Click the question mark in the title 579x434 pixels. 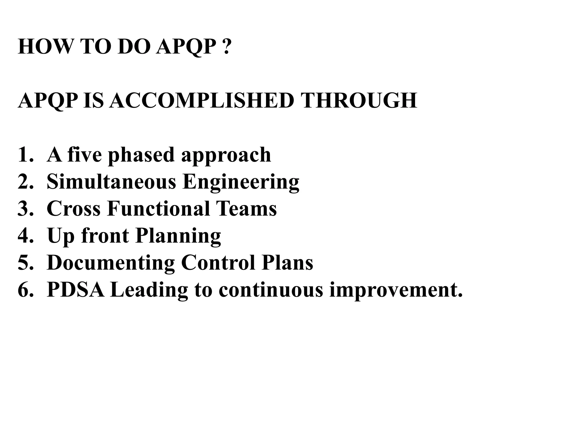(226, 47)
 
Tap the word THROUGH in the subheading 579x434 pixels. (358, 101)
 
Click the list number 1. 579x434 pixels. (25, 155)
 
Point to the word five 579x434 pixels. (85, 155)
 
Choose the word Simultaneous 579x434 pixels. (111, 182)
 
